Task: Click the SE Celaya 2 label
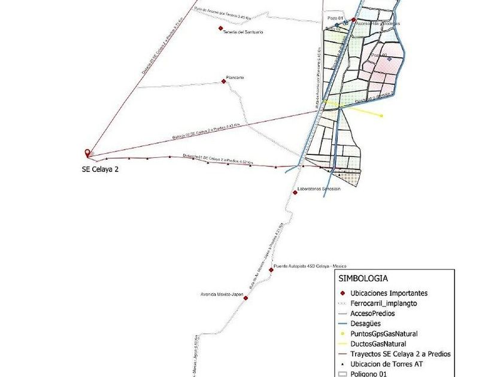pyautogui.click(x=100, y=169)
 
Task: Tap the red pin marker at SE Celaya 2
pyautogui.click(x=88, y=153)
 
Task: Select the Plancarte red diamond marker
pyautogui.click(x=223, y=81)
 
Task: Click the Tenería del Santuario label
pyautogui.click(x=243, y=32)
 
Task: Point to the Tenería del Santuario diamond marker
pyautogui.click(x=222, y=28)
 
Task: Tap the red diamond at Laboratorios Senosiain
pyautogui.click(x=295, y=192)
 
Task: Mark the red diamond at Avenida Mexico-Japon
pyautogui.click(x=245, y=297)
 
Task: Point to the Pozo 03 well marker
pyautogui.click(x=390, y=59)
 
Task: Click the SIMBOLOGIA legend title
pyautogui.click(x=363, y=278)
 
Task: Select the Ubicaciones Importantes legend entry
pyautogui.click(x=389, y=293)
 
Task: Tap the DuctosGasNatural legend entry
pyautogui.click(x=378, y=343)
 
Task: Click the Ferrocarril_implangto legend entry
pyautogui.click(x=388, y=303)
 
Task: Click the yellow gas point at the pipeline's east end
pyautogui.click(x=381, y=115)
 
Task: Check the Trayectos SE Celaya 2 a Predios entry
pyautogui.click(x=400, y=354)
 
